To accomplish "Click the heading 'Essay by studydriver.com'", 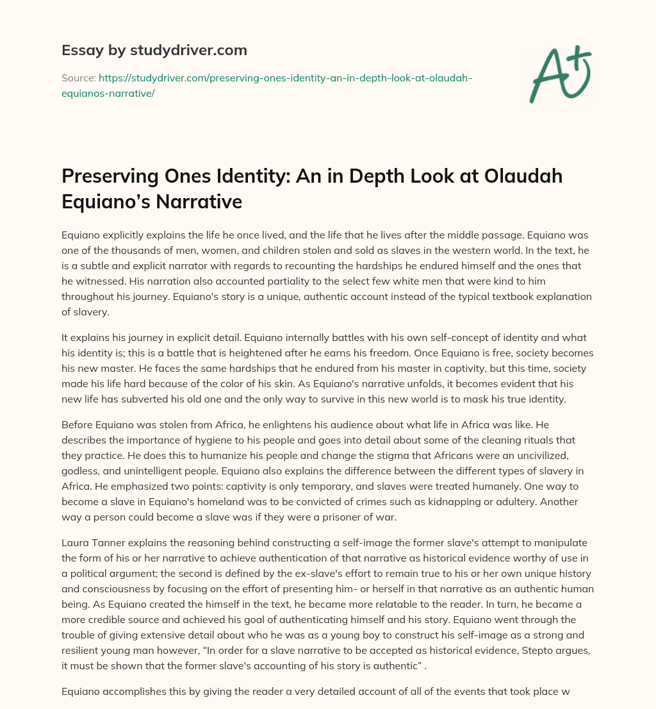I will [154, 50].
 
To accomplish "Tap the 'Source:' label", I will [78, 78].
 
